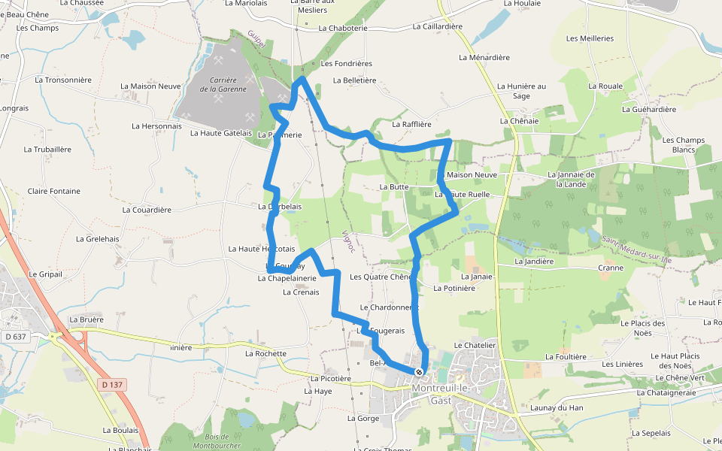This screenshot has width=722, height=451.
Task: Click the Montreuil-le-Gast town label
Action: (450, 394)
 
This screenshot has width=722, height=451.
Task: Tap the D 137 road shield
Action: (111, 385)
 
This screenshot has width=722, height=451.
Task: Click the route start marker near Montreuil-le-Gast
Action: (419, 371)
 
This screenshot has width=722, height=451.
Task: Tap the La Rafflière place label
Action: (412, 124)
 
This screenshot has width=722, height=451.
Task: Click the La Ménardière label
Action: (484, 57)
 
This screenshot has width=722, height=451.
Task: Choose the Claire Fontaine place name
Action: (53, 191)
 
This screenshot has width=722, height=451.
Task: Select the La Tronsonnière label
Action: (63, 79)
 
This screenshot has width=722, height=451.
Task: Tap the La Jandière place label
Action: (534, 262)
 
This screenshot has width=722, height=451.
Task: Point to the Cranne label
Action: (611, 268)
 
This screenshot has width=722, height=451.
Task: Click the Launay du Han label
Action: (557, 407)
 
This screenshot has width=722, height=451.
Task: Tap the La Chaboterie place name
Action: (343, 28)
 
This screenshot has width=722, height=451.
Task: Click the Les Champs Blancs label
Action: (684, 144)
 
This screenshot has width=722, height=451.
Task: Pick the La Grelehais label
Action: (98, 239)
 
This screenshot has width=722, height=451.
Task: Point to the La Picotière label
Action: (330, 379)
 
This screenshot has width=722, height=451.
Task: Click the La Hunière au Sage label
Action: (521, 91)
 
